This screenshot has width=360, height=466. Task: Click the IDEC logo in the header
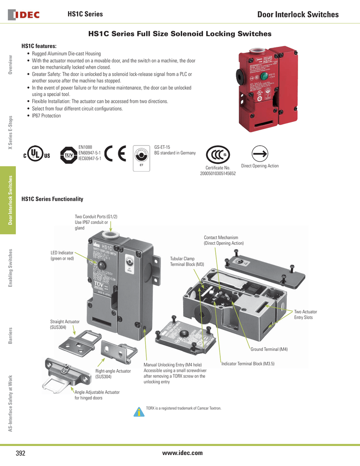[24, 15]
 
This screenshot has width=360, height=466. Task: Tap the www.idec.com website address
[182, 452]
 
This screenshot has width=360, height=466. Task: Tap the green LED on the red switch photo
[263, 76]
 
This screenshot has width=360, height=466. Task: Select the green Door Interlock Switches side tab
[8, 200]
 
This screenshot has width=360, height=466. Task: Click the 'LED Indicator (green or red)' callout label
[62, 256]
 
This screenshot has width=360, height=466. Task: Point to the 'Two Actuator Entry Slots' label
[305, 314]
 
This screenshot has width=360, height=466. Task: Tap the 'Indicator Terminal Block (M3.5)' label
[248, 364]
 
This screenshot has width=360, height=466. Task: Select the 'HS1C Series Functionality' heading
[52, 199]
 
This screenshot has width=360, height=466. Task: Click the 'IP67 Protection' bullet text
[46, 116]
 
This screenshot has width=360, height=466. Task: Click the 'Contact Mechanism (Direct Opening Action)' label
[223, 240]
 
